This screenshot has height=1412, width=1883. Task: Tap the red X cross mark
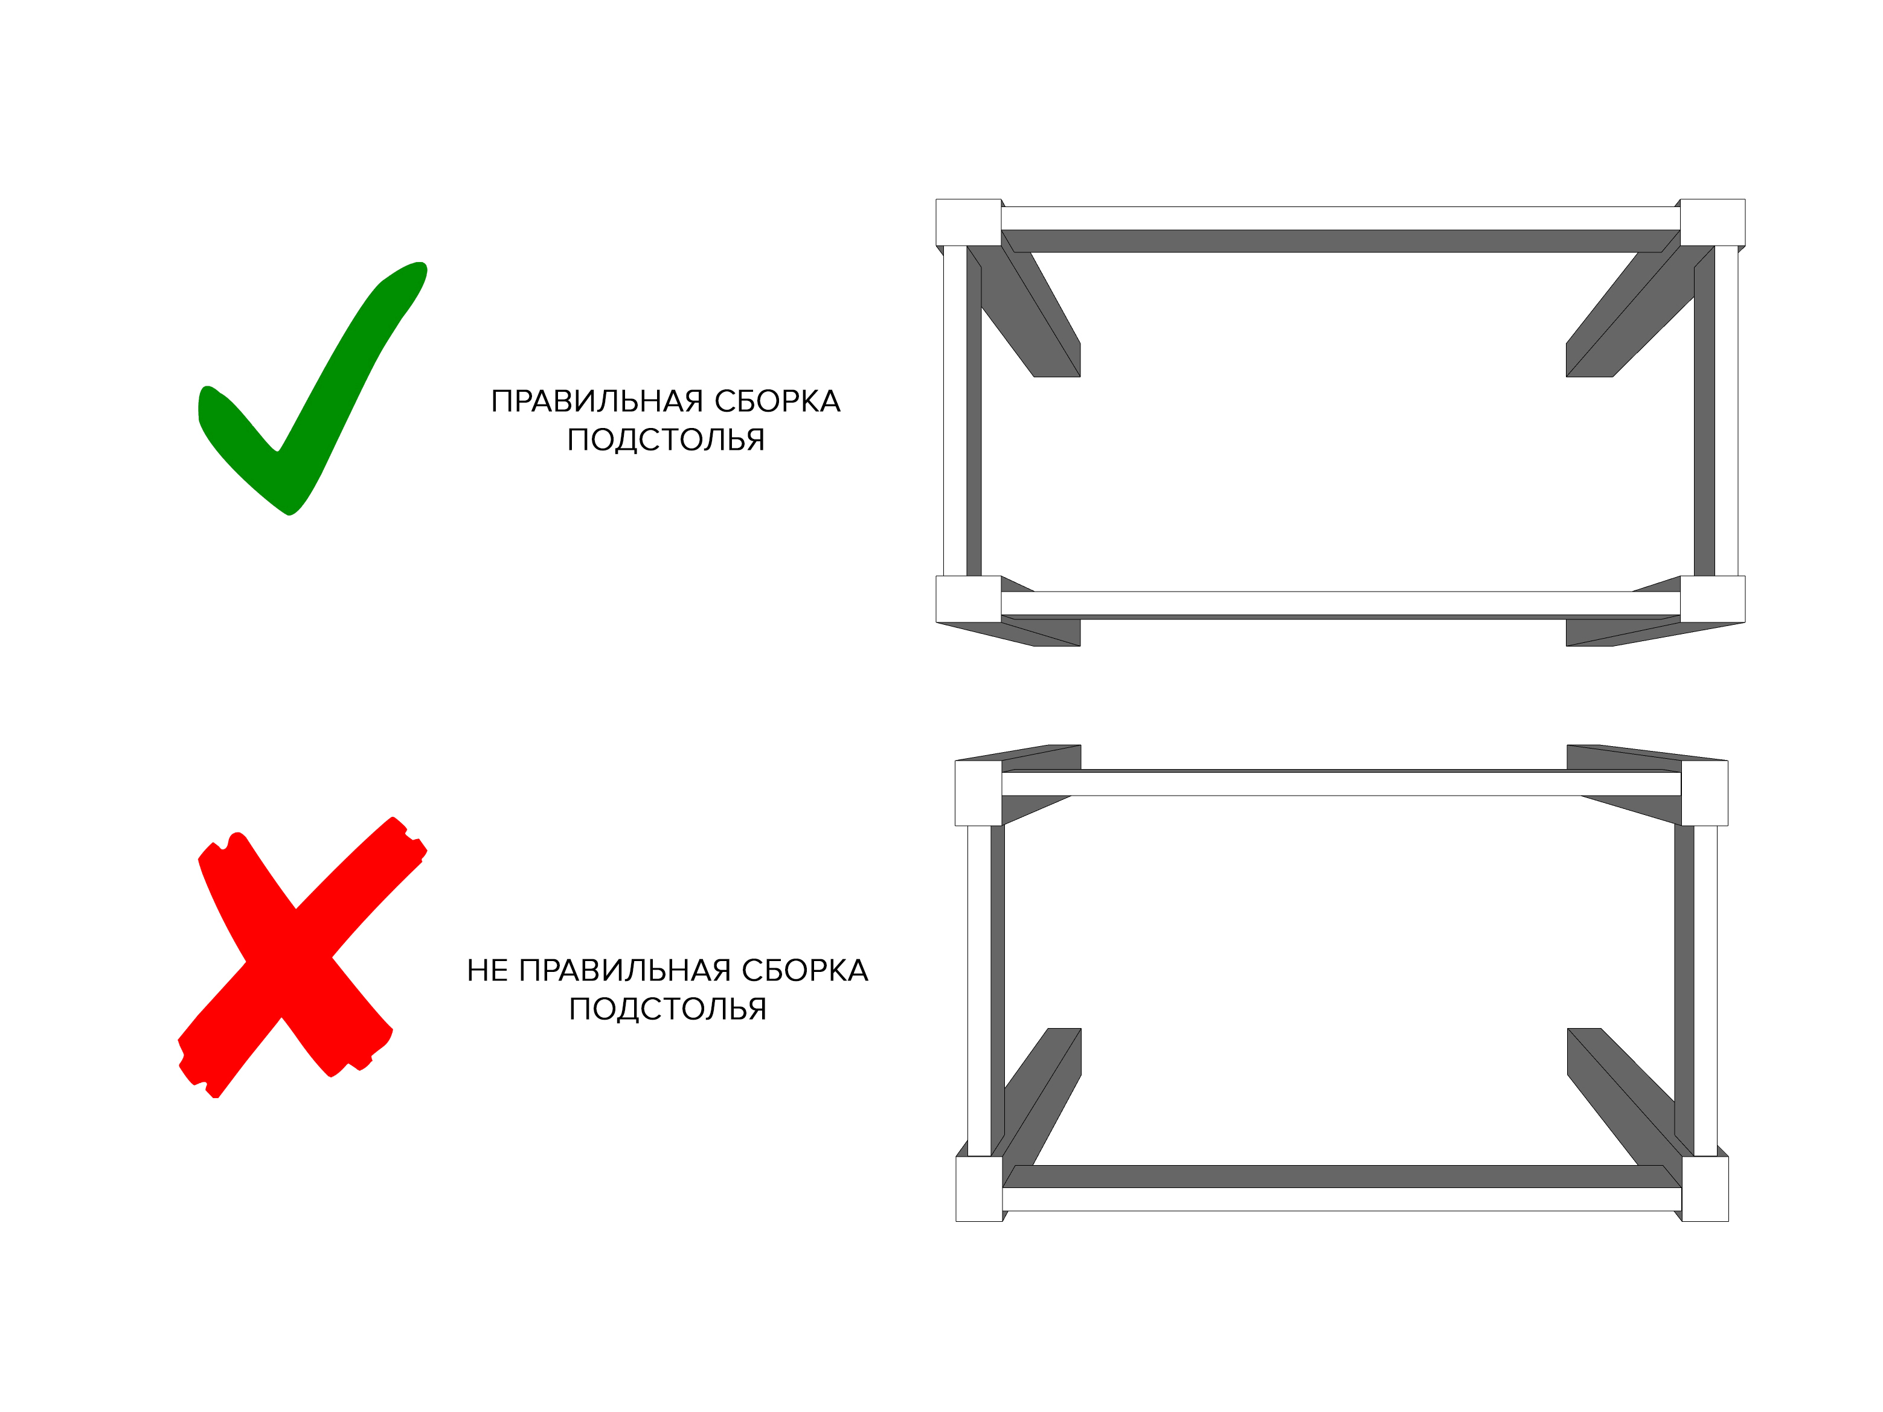(x=302, y=957)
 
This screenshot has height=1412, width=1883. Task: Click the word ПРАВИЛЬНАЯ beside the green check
(x=597, y=401)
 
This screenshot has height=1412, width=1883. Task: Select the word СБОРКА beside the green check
(x=777, y=401)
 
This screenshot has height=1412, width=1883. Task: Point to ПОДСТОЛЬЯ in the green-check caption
(x=666, y=440)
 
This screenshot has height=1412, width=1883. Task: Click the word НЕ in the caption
(x=488, y=970)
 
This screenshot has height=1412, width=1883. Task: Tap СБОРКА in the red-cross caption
(x=804, y=970)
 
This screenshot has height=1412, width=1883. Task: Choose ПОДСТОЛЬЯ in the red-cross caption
(x=667, y=1009)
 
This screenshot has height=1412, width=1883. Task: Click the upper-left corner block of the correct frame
(x=969, y=223)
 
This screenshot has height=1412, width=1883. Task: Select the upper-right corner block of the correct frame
(x=1713, y=223)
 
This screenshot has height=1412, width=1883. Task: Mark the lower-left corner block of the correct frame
(x=969, y=599)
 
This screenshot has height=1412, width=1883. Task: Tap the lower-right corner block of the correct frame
(x=1713, y=599)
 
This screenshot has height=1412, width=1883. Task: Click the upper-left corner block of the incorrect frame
(x=979, y=793)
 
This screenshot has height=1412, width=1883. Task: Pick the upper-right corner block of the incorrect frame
(x=1705, y=793)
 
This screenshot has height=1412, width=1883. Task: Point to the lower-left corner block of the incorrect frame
(x=980, y=1189)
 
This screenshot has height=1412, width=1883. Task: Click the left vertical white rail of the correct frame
(x=955, y=411)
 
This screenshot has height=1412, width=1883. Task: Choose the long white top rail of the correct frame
(x=1341, y=218)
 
